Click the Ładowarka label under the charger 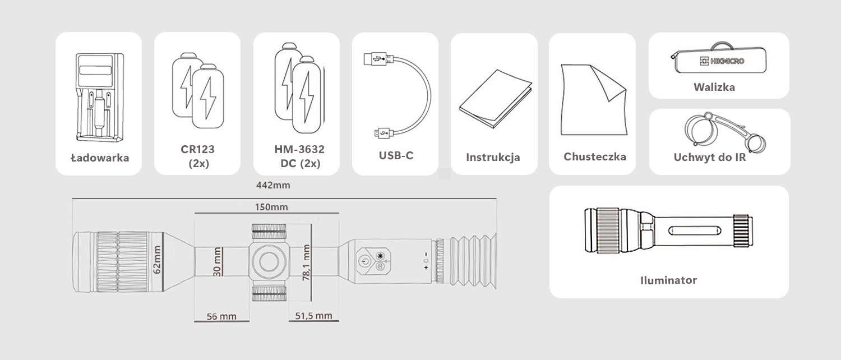(x=100, y=158)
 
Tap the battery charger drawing (x=100, y=97)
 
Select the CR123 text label (x=197, y=149)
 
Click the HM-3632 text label (x=299, y=149)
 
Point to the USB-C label (x=396, y=155)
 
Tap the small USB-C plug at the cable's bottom (x=383, y=133)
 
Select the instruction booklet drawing (x=496, y=99)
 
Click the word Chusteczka (x=595, y=156)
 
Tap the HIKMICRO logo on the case (x=722, y=61)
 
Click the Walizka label (x=714, y=87)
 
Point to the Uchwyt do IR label (x=710, y=157)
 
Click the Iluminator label (x=669, y=280)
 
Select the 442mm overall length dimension (x=273, y=185)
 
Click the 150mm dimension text (x=271, y=207)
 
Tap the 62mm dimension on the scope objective (x=157, y=260)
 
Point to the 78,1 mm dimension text (x=306, y=262)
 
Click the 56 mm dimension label (x=221, y=316)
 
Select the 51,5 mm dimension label (x=313, y=316)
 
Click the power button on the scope (x=364, y=261)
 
